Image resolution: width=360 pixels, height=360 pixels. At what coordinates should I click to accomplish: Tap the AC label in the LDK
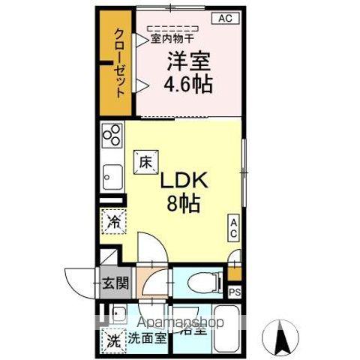click(x=234, y=228)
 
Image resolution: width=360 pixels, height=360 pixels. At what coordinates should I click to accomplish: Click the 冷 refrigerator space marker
click(x=113, y=223)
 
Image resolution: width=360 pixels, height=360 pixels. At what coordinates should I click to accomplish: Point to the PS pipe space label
click(x=235, y=292)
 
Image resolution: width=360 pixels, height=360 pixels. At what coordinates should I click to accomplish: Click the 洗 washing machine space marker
click(x=112, y=338)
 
